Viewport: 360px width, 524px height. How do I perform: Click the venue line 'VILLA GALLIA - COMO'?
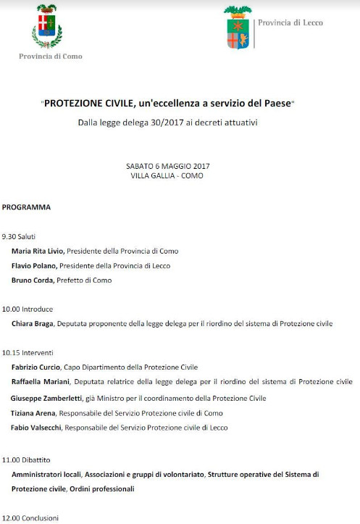pos(167,175)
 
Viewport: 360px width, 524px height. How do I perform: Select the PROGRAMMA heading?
pos(26,207)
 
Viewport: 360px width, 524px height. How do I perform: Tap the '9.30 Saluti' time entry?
pos(19,237)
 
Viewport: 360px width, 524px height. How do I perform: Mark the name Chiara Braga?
pos(33,324)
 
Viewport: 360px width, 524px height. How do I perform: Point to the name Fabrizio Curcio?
pos(38,367)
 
